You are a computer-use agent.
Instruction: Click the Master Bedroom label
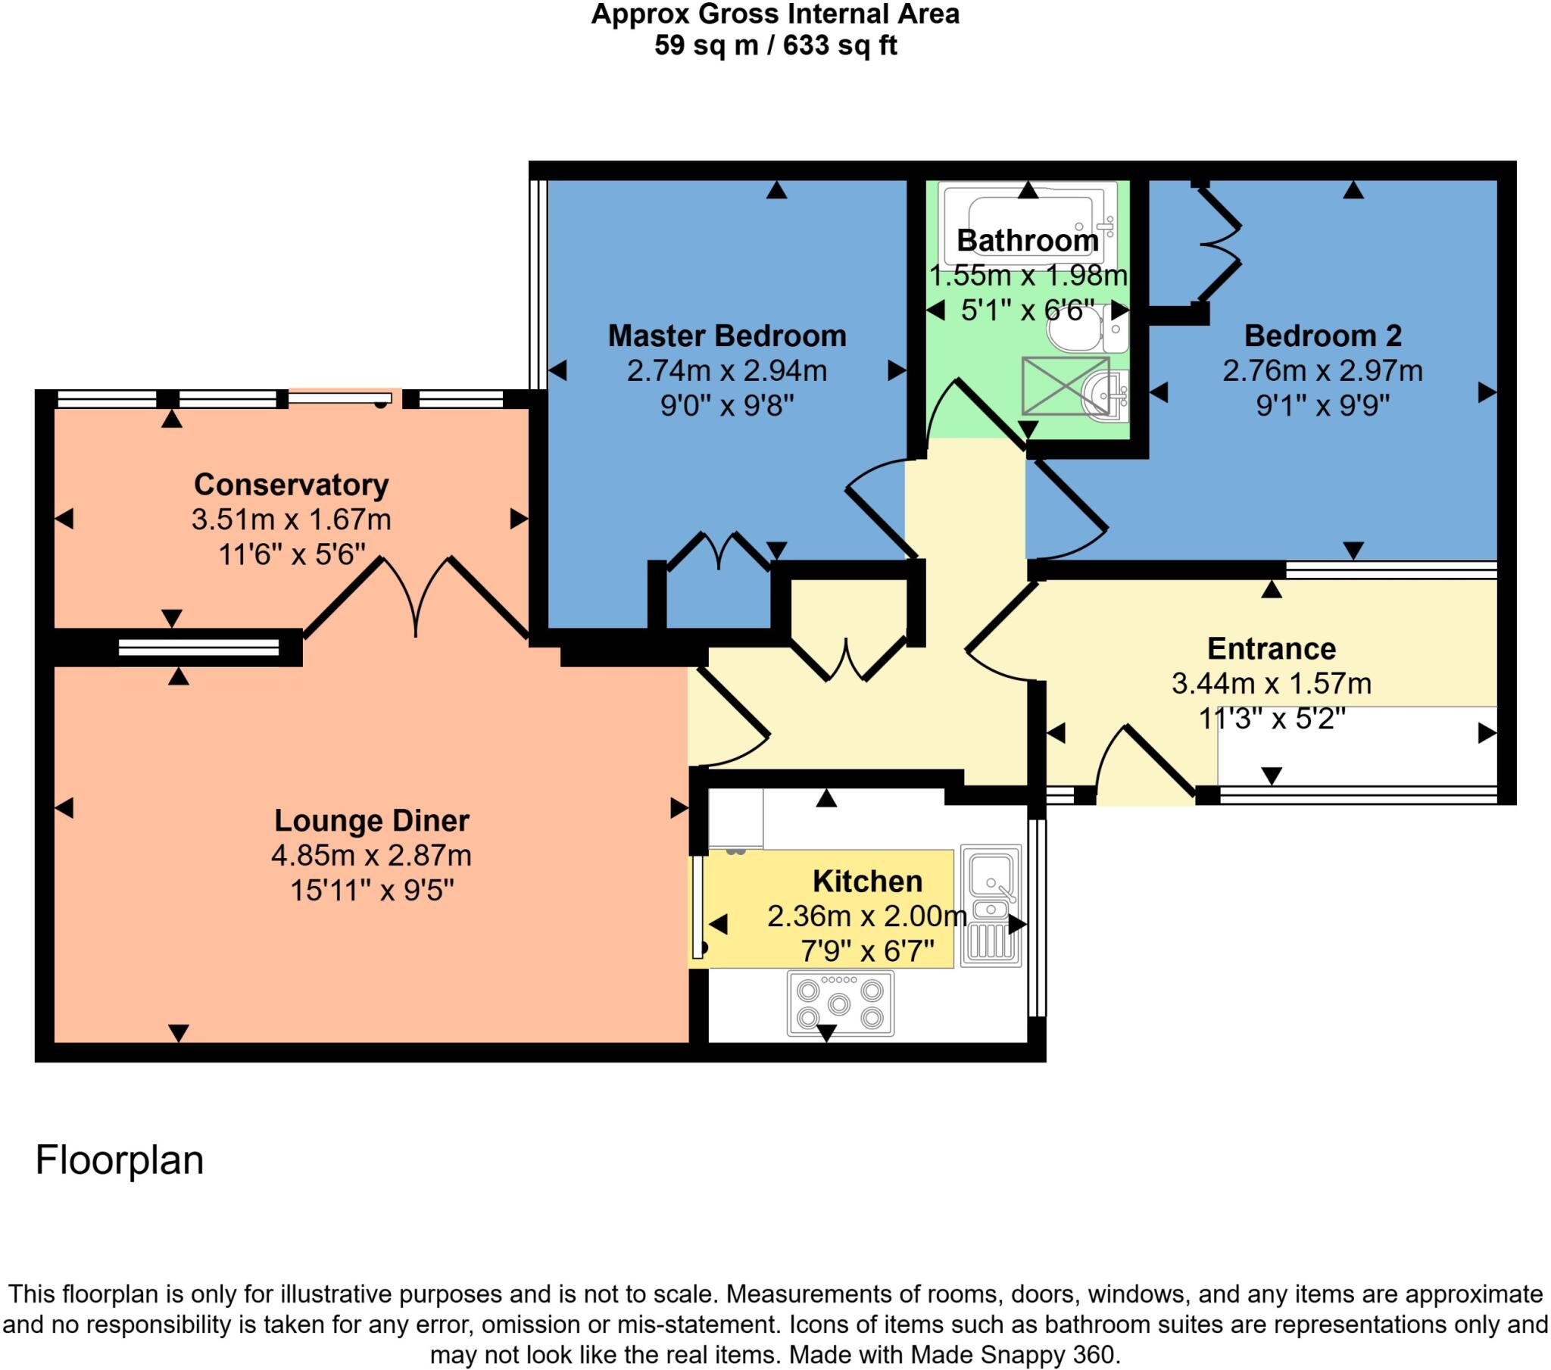[726, 335]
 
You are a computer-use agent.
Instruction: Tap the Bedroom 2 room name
[1322, 335]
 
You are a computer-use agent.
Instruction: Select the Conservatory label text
[291, 484]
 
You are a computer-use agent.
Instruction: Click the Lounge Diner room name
[371, 820]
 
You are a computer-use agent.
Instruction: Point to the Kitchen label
[867, 882]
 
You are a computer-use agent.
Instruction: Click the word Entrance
[1271, 649]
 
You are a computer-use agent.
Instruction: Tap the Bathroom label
[1028, 241]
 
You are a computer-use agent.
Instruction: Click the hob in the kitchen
[840, 1003]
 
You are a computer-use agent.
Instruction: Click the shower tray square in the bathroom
[1065, 385]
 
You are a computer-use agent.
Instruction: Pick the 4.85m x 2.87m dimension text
[371, 855]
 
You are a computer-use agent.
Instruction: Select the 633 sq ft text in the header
[840, 46]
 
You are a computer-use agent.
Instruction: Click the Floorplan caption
[119, 1159]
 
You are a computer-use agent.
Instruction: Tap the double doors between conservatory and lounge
[416, 600]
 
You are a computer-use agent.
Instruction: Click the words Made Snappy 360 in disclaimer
[1013, 1355]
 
